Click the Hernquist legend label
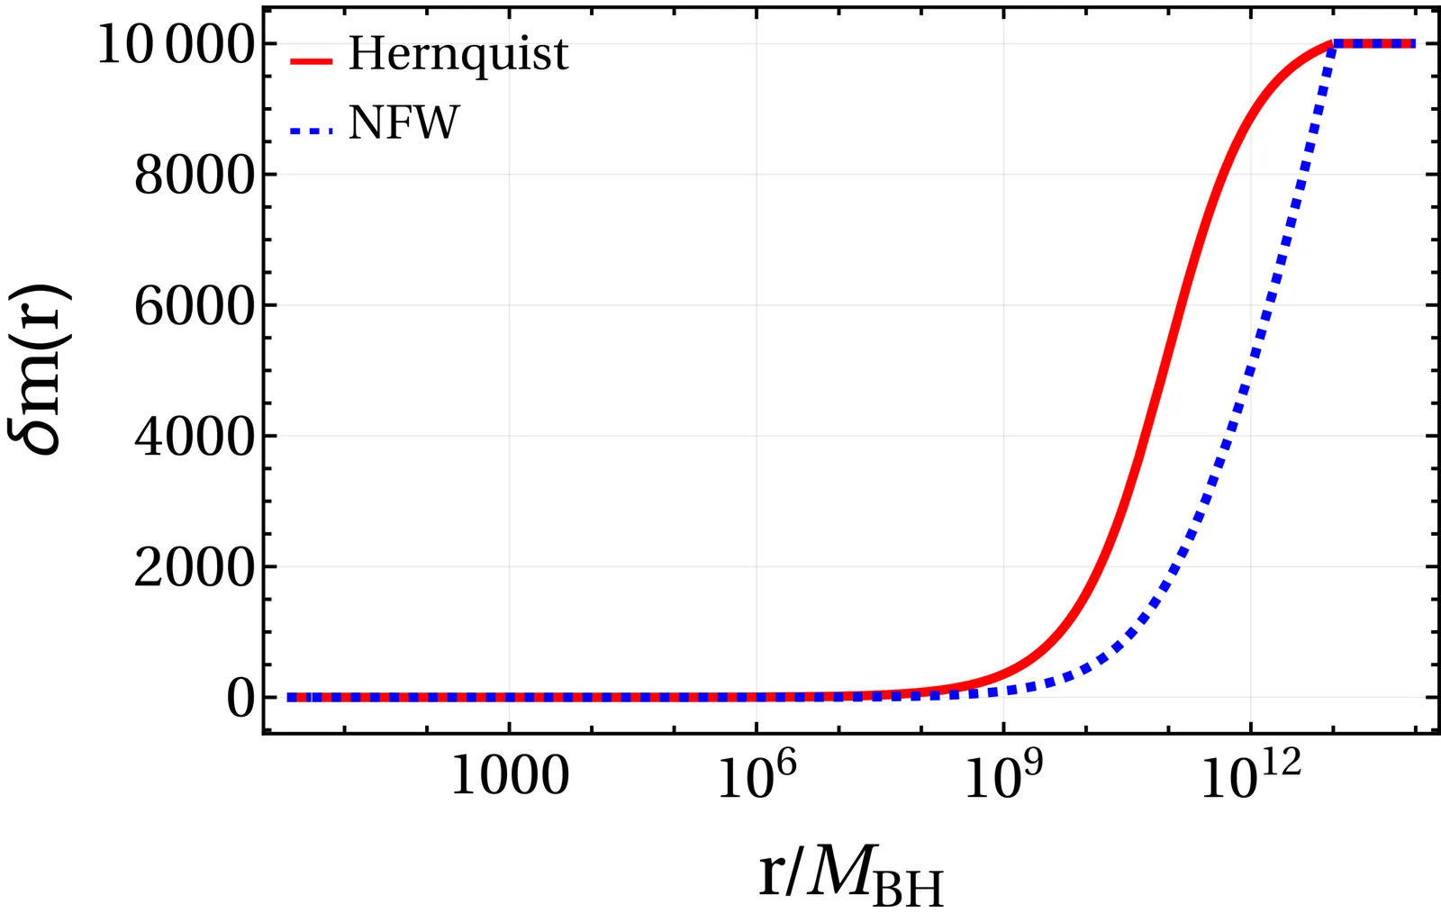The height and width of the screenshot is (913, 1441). (458, 56)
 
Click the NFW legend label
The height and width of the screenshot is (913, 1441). (403, 123)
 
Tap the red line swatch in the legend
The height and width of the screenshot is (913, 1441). (312, 61)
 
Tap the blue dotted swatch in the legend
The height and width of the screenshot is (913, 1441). (312, 131)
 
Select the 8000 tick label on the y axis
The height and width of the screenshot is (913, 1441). (192, 176)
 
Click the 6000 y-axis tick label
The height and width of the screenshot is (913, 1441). (192, 306)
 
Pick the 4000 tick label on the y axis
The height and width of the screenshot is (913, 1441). (192, 437)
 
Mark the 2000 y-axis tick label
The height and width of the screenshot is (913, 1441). (192, 567)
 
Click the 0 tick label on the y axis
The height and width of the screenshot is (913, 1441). (240, 698)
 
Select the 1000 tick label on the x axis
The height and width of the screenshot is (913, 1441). (509, 775)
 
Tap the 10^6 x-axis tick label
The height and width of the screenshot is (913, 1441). (757, 775)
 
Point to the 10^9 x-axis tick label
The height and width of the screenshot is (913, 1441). (1004, 775)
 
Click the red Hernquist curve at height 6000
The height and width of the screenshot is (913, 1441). (1174, 305)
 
